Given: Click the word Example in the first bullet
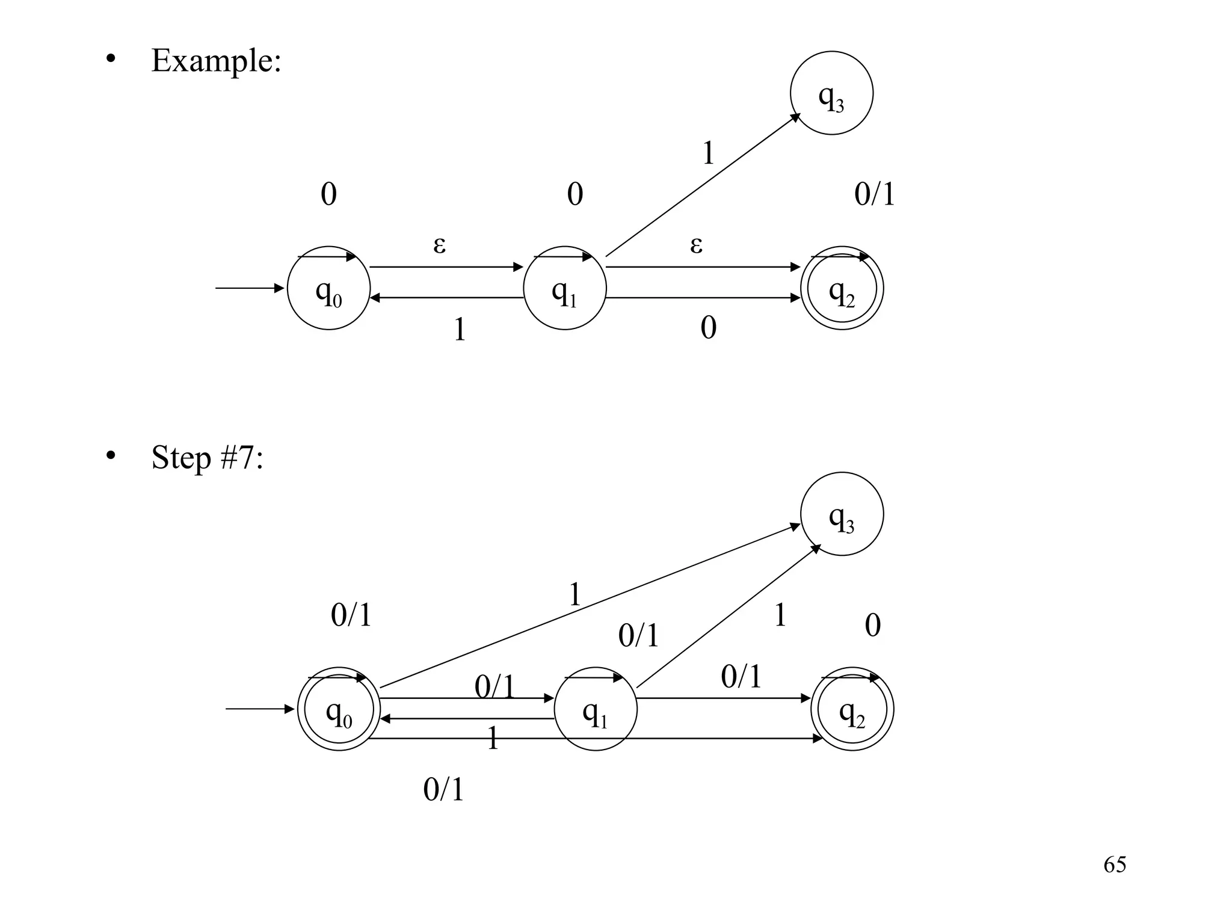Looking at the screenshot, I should click(215, 61).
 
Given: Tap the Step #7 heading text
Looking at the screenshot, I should click(207, 458).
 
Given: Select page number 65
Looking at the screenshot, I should click(1115, 864).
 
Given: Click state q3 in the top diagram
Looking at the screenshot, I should click(831, 93).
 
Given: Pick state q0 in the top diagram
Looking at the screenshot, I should click(328, 288).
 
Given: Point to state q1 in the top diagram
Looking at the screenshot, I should click(564, 288).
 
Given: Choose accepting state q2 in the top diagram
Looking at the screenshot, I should click(842, 288).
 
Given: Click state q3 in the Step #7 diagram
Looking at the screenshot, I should click(842, 514).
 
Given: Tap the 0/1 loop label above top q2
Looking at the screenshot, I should click(875, 194).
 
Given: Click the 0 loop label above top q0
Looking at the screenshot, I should click(328, 194).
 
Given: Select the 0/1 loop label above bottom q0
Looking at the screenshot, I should click(351, 615).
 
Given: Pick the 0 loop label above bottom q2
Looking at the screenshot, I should click(872, 626).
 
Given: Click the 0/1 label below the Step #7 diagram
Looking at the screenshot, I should click(444, 789).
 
